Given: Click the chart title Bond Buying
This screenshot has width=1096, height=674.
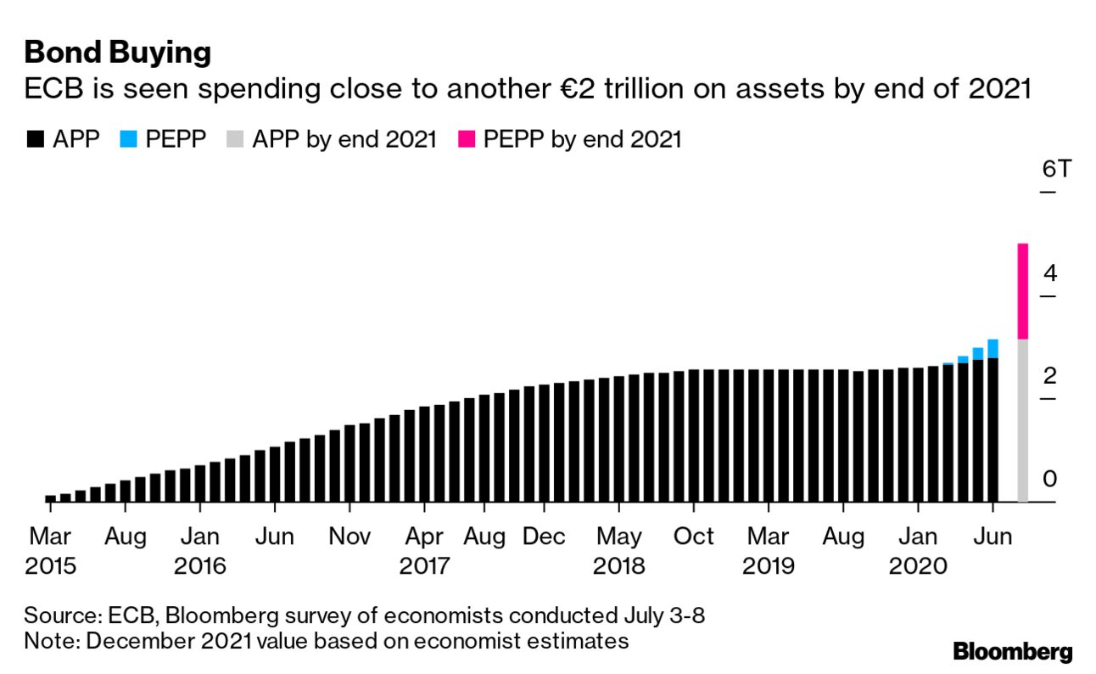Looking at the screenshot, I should click(117, 53).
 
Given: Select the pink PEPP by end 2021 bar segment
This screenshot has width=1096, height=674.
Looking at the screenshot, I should click(1022, 291).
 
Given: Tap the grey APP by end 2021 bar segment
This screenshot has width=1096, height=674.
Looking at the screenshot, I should click(1022, 420).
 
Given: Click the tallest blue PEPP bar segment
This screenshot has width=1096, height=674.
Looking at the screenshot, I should click(993, 348).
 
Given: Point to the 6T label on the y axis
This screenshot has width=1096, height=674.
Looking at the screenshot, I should click(1057, 169).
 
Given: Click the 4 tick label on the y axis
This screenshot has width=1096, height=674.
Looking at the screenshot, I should click(1050, 273).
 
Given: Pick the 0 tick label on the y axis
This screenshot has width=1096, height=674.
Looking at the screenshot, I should click(1050, 479).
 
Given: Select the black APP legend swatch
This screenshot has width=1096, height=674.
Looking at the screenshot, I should click(35, 139).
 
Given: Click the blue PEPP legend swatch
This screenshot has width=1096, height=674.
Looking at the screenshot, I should click(127, 139).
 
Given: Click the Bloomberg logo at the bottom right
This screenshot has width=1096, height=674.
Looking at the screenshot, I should click(1013, 651).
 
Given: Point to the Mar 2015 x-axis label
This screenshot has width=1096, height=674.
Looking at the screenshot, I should click(50, 551).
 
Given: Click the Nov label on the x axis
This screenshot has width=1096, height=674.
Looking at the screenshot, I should click(349, 537).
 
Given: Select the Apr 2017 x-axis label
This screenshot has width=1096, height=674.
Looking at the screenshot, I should click(424, 551).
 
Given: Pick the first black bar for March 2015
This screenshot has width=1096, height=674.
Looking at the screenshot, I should click(50, 498).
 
